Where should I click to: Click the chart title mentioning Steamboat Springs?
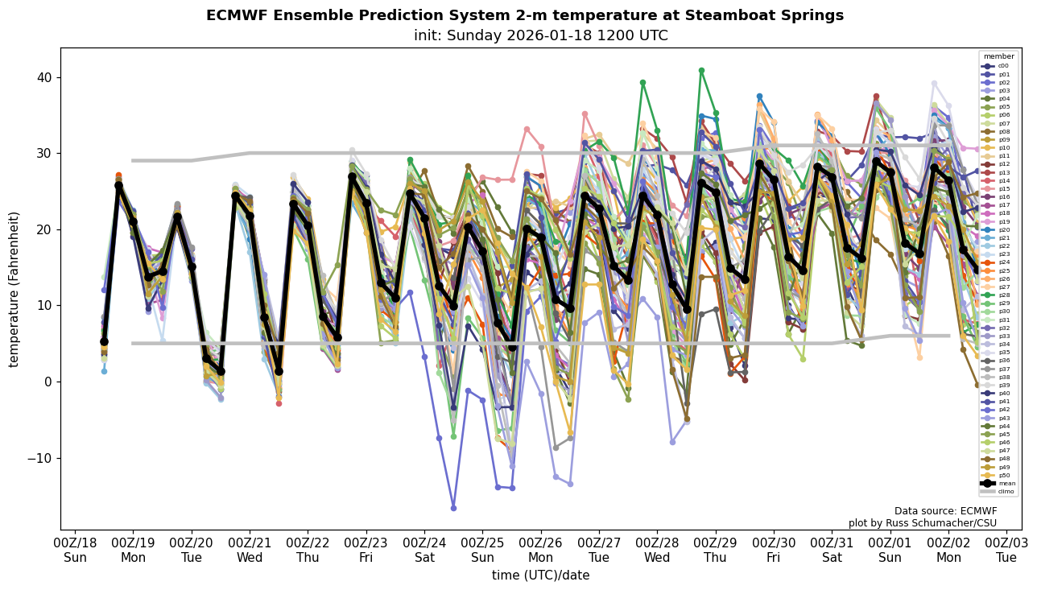click(x=525, y=15)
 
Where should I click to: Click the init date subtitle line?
click(x=540, y=35)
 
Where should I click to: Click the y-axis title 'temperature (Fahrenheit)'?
click(x=14, y=289)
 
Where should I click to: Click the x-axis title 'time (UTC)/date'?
click(x=540, y=576)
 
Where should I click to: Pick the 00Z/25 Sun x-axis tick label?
click(x=482, y=550)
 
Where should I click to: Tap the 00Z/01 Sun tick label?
click(x=890, y=550)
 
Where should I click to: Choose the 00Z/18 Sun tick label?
click(x=75, y=550)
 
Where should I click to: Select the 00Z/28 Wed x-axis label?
click(x=657, y=550)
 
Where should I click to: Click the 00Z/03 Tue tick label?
click(x=1006, y=550)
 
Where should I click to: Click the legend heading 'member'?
click(x=999, y=56)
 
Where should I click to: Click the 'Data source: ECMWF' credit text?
click(x=945, y=511)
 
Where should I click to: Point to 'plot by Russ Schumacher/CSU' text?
click(x=923, y=523)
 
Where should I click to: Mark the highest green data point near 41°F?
click(x=701, y=71)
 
